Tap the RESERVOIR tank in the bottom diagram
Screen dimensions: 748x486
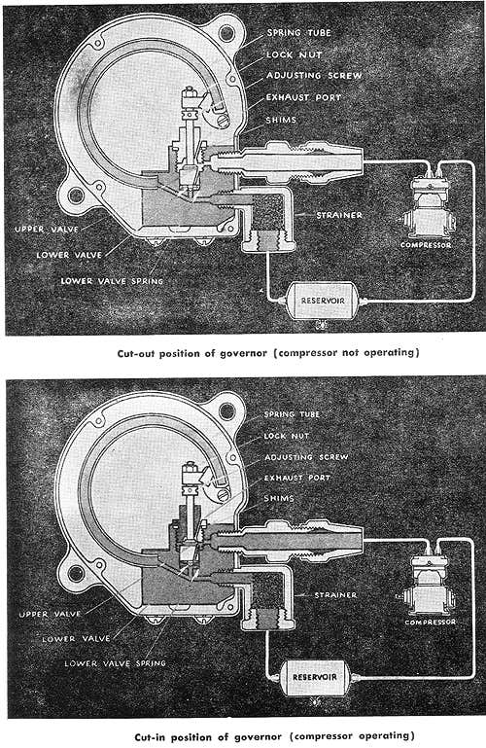[313, 675]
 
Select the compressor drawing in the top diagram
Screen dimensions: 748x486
[426, 206]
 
